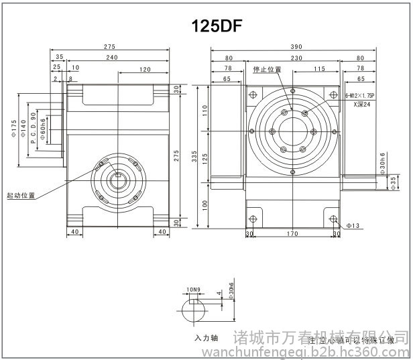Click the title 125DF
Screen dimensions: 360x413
[x=216, y=25]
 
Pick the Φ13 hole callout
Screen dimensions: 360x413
[x=353, y=226]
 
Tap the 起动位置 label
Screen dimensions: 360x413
[x=21, y=196]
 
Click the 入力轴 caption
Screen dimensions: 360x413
[x=203, y=338]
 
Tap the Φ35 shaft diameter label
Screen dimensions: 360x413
[x=394, y=182]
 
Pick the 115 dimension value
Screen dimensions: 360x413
[x=319, y=69]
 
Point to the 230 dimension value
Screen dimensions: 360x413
[x=296, y=58]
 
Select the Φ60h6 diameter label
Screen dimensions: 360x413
[x=43, y=128]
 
